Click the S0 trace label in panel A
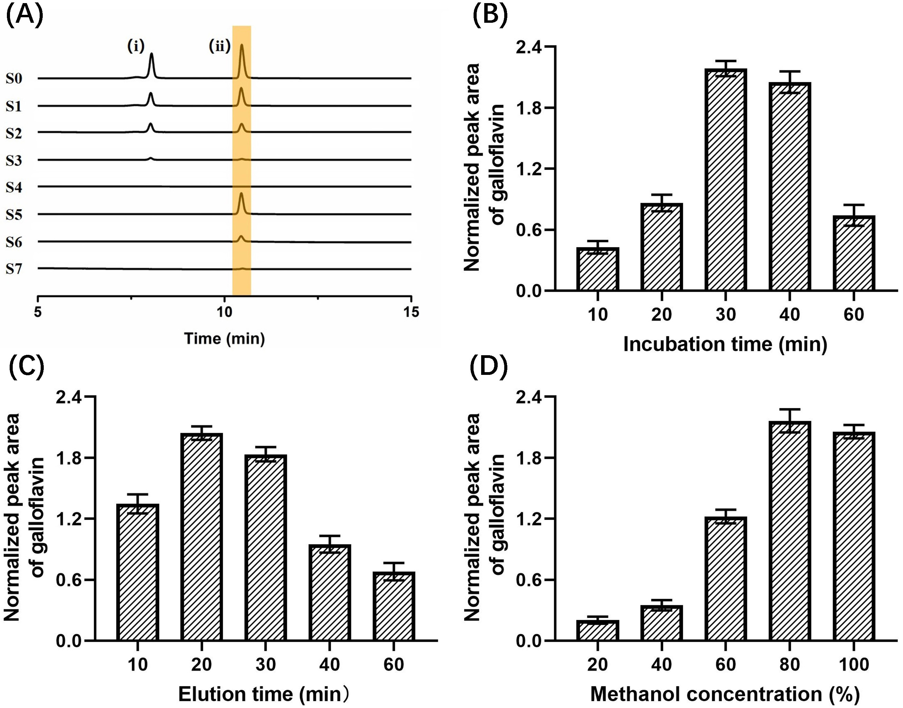pyautogui.click(x=14, y=78)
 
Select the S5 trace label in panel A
pyautogui.click(x=14, y=215)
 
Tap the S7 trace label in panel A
pyautogui.click(x=14, y=269)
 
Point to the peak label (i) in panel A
pyautogui.click(x=135, y=47)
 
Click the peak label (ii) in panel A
pyautogui.click(x=219, y=47)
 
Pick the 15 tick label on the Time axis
pyautogui.click(x=411, y=312)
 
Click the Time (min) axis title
pyautogui.click(x=224, y=339)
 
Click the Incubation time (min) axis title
pyautogui.click(x=725, y=345)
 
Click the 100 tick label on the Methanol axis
pyautogui.click(x=854, y=665)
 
